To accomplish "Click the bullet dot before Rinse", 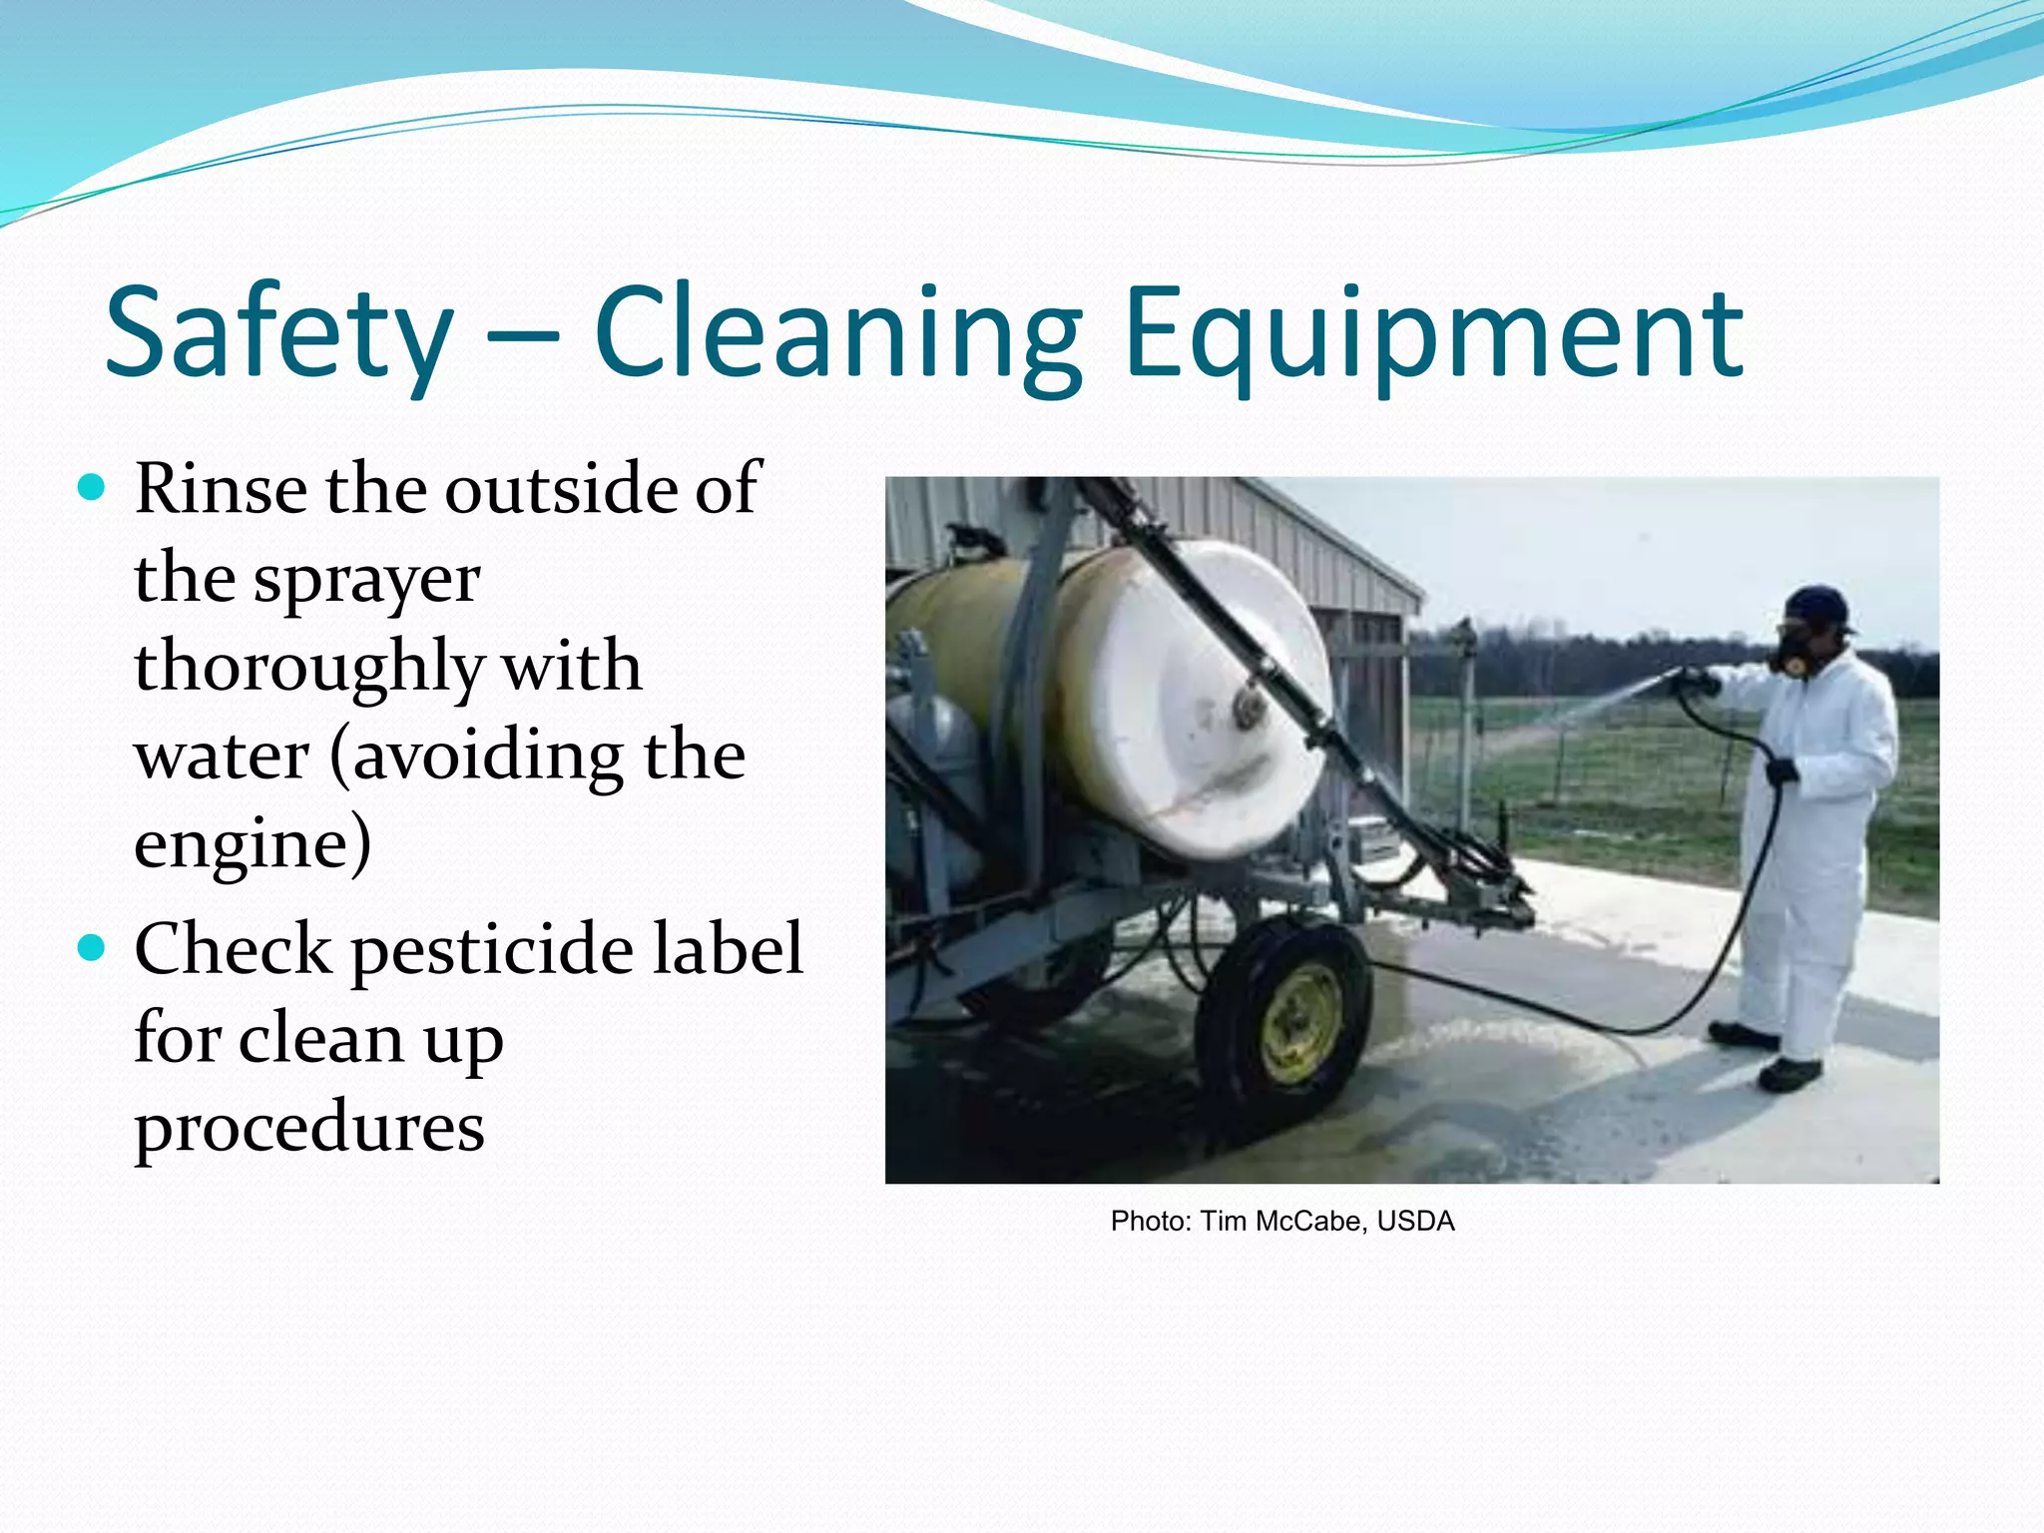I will coord(91,488).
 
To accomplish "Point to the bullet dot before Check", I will coord(91,947).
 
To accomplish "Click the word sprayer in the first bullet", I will coord(366,579).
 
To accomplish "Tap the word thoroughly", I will coord(309,667).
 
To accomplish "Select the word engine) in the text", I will coord(253,843).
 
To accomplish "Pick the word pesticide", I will coord(492,949).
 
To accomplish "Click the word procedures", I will coord(309,1128).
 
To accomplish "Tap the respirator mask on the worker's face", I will coord(1791,654).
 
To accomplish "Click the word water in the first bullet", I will coord(222,755).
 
